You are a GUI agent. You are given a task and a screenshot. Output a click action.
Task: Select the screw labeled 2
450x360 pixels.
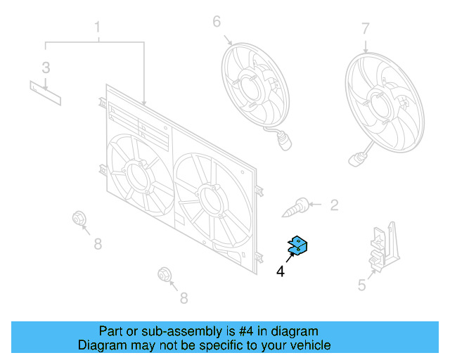point(300,207)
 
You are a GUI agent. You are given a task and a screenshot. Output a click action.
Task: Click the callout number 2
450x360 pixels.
point(334,205)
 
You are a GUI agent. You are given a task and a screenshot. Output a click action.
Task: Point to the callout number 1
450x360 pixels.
point(97,28)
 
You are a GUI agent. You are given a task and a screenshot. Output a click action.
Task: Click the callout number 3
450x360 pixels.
point(46,68)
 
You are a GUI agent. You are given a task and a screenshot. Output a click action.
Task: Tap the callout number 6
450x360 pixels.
point(217,22)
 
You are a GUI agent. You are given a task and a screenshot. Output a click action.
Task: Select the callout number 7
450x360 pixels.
point(365,29)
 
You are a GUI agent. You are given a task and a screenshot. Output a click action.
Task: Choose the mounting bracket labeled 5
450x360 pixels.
point(382,245)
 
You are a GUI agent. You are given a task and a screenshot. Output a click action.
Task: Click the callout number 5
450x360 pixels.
point(361,285)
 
